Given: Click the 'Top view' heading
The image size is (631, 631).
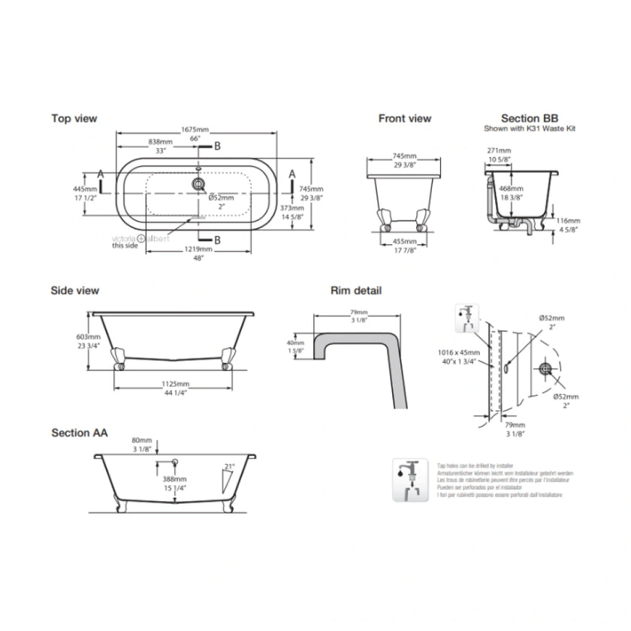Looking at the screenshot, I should pyautogui.click(x=74, y=118).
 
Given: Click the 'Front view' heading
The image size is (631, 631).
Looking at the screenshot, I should pyautogui.click(x=404, y=118).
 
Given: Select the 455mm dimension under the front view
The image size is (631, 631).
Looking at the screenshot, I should pyautogui.click(x=404, y=242).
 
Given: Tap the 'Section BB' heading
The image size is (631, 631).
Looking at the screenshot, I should pyautogui.click(x=530, y=118).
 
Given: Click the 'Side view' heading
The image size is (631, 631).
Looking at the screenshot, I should pyautogui.click(x=74, y=290).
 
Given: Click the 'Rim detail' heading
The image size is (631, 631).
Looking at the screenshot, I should pyautogui.click(x=356, y=290).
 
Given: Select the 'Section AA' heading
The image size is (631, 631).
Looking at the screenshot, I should pyautogui.click(x=79, y=433).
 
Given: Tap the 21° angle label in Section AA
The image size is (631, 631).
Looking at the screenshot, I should pyautogui.click(x=229, y=466).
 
